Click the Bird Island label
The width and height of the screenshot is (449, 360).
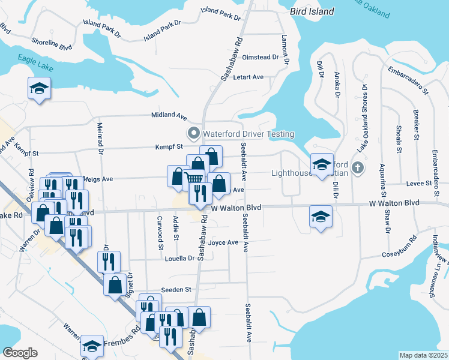[x=310, y=11]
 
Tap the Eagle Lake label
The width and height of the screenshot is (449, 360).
[x=36, y=63]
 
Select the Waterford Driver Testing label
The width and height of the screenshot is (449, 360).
[x=248, y=133]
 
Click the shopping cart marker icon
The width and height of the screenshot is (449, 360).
[x=193, y=178]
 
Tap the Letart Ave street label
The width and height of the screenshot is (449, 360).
[x=249, y=77]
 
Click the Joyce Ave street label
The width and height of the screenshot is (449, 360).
[x=224, y=243]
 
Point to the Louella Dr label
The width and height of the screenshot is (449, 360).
[x=182, y=259]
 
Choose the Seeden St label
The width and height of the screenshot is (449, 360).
[x=176, y=289]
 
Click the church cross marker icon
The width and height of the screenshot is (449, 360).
[x=358, y=167]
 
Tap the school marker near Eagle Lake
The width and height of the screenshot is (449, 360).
[x=39, y=89]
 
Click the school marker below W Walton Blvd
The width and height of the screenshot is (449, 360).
[x=321, y=215]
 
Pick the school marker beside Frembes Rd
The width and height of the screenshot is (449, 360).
[x=91, y=346]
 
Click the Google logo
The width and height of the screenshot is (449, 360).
[x=20, y=353]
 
